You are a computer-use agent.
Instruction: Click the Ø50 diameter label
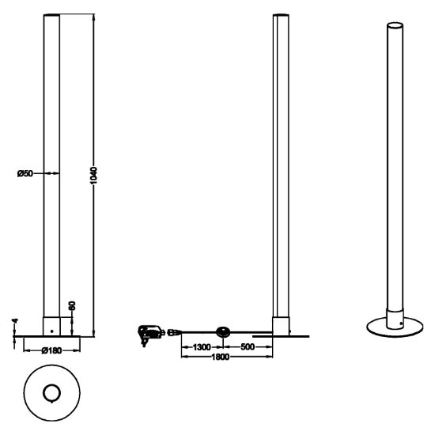pyautogui.click(x=25, y=174)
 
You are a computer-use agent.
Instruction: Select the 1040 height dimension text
pyautogui.click(x=94, y=176)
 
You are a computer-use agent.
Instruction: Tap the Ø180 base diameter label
pyautogui.click(x=51, y=350)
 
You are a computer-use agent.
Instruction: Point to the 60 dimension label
pyautogui.click(x=72, y=306)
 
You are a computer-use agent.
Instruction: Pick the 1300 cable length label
pyautogui.click(x=202, y=347)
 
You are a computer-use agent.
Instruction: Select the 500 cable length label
pyautogui.click(x=248, y=346)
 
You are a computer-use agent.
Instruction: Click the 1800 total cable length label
pyautogui.click(x=221, y=357)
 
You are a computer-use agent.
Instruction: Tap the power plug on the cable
pyautogui.click(x=149, y=334)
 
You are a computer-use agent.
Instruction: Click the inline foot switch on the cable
pyautogui.click(x=223, y=332)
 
